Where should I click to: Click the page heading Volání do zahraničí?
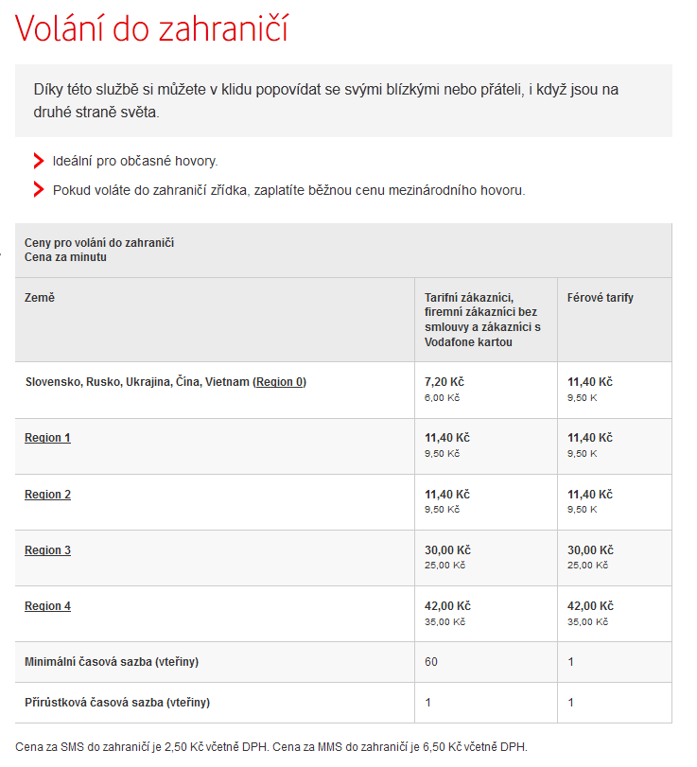(151, 29)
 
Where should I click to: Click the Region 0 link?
(280, 382)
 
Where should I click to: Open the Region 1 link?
(47, 438)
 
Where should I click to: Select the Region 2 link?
(47, 495)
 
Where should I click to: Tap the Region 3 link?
(47, 550)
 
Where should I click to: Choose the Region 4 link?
(47, 606)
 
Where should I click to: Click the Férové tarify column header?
(600, 298)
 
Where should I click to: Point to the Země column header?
(40, 298)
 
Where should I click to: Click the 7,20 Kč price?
(444, 382)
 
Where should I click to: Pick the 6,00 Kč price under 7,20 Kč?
(442, 397)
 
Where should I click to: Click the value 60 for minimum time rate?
(431, 662)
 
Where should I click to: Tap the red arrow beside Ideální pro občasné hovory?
(39, 161)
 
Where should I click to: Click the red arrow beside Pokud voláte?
(39, 190)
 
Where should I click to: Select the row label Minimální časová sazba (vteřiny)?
(111, 662)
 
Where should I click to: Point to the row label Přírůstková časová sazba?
(116, 703)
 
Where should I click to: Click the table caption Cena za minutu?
(65, 257)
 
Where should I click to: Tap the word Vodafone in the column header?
(452, 341)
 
